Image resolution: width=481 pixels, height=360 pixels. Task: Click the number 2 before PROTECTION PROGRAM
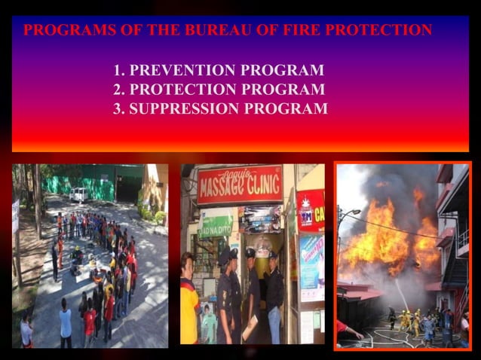[x=118, y=90]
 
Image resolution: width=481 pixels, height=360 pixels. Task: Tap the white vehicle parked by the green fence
[x=78, y=194]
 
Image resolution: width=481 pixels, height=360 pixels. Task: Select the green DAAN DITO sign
[x=216, y=223]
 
